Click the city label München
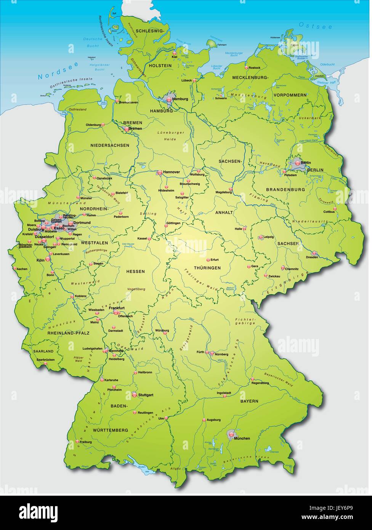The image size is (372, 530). point(242,438)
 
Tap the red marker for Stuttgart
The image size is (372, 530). point(134,394)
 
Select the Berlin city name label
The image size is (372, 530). point(305,163)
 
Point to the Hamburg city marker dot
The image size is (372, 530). point(169,99)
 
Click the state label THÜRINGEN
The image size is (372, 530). point(207,268)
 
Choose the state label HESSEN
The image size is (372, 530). point(135,271)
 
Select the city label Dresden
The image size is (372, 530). point(311,257)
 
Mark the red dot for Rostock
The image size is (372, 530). point(246,68)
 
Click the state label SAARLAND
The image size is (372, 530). point(43,351)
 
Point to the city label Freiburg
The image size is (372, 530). point(86,442)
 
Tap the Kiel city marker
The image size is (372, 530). point(174,53)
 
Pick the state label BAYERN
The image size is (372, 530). point(249,401)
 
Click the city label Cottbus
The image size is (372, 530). point(329,212)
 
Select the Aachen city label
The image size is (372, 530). point(22,269)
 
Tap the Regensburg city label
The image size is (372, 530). point(260,383)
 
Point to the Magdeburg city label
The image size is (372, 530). point(223,192)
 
